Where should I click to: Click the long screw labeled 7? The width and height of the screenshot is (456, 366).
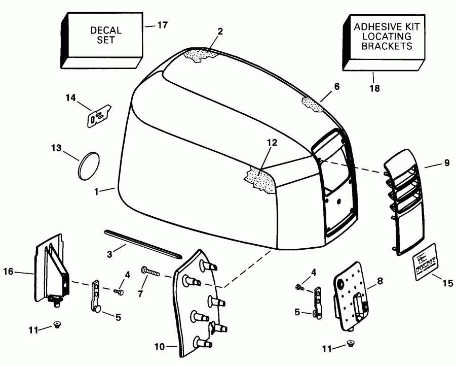150,273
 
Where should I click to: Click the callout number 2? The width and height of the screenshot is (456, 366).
219,31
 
